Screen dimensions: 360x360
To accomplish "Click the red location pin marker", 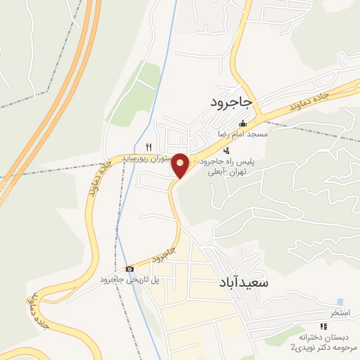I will [x=181, y=165].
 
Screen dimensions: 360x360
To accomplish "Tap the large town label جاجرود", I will [x=231, y=103].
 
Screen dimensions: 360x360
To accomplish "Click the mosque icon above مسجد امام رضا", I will [x=243, y=124].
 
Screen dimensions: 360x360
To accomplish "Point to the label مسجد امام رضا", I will [x=239, y=134].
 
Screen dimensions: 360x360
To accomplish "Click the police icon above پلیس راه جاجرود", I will [x=226, y=150].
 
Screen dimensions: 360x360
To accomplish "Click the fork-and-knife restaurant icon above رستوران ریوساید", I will [x=148, y=146].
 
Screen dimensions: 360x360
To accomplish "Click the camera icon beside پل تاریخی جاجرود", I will [x=129, y=269].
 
